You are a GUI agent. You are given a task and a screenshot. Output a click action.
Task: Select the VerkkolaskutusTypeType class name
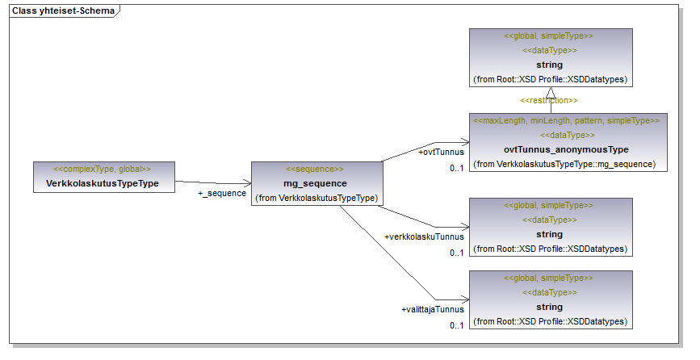[103, 183]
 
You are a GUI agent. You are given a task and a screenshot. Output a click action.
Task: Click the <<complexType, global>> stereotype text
[103, 170]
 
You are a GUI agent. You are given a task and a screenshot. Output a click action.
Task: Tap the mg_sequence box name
[315, 183]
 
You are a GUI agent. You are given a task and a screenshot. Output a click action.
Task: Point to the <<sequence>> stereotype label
[315, 170]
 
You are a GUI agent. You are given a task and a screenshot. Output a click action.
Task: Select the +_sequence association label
[222, 194]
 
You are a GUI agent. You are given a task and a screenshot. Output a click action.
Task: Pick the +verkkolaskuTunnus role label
[425, 237]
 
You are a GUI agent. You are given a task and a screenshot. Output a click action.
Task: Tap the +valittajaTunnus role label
[433, 309]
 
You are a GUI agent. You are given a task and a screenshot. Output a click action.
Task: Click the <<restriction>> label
[549, 100]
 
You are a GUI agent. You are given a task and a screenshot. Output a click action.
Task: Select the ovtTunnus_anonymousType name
[566, 149]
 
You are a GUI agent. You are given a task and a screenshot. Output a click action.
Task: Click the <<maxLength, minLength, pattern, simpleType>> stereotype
[566, 120]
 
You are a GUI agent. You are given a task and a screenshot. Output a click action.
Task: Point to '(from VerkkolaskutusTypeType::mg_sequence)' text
[566, 164]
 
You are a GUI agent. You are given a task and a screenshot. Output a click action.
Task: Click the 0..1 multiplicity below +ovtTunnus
[457, 168]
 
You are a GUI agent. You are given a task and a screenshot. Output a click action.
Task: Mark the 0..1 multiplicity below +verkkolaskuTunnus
[457, 253]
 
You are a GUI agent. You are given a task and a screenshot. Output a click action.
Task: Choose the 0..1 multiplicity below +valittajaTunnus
[457, 325]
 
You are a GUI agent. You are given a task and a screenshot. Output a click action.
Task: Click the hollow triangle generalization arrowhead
[552, 91]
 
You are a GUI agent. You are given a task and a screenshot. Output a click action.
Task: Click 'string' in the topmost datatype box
[549, 65]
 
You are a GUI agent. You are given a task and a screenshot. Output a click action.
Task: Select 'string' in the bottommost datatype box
[549, 307]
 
